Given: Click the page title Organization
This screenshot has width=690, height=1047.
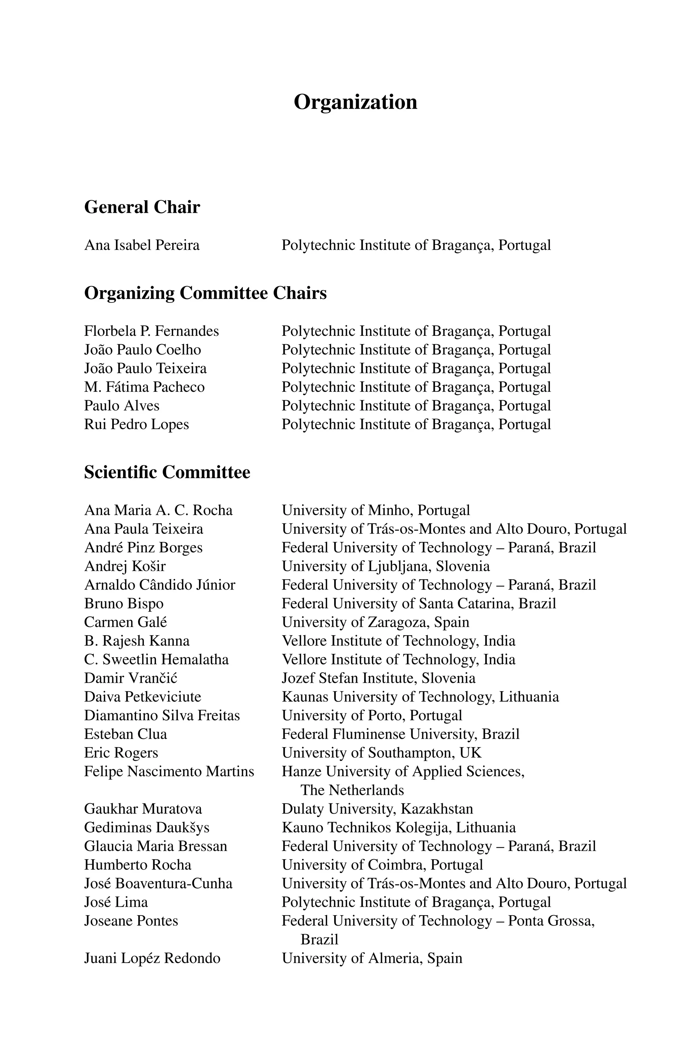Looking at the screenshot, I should click(355, 102).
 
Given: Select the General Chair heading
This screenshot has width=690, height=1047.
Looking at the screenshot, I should click(142, 207).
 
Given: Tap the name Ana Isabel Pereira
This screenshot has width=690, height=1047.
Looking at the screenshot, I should click(142, 245).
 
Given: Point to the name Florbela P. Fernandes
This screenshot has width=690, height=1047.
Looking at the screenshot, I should click(151, 331).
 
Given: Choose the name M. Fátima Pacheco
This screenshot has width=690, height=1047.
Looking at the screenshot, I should click(144, 387).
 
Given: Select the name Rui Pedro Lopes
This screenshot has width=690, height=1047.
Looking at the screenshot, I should click(136, 425).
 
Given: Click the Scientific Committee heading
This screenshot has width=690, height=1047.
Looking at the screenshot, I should click(167, 472).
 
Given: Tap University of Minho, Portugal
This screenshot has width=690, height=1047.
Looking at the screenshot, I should click(375, 510).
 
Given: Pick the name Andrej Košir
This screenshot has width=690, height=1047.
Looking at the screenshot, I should click(125, 566).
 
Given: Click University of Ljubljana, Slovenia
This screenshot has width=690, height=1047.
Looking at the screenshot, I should click(385, 566).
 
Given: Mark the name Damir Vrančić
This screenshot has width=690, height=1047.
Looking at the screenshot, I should click(131, 678).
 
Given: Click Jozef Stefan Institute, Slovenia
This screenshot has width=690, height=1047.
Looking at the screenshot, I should click(378, 678).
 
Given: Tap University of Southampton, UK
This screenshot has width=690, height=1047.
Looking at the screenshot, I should click(381, 753).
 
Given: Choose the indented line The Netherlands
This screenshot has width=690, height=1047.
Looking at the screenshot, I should click(352, 790).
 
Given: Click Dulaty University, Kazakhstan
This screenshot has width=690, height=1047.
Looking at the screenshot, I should click(377, 809).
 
